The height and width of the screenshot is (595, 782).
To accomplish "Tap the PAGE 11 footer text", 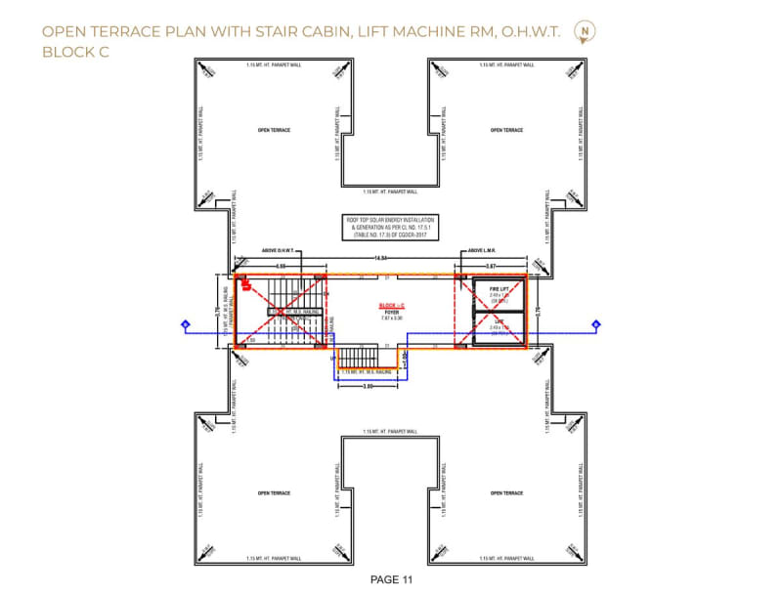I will tap(390, 578).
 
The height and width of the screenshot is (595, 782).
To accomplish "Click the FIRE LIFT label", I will tap(498, 290).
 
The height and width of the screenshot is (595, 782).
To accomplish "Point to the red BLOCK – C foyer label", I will tap(391, 306).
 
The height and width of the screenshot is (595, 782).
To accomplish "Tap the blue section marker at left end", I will tap(183, 323).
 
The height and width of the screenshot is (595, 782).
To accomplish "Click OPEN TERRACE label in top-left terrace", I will tap(274, 130).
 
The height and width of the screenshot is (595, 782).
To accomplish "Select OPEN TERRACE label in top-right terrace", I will tap(507, 130).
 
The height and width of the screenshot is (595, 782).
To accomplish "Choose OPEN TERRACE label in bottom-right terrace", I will tap(507, 492).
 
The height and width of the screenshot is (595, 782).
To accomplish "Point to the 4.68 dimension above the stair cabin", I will tap(281, 266).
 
